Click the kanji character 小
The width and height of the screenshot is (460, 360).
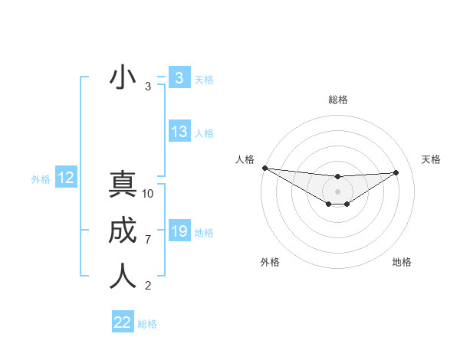(123, 77)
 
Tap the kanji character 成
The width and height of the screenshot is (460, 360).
(123, 231)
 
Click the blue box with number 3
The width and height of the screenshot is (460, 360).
(179, 77)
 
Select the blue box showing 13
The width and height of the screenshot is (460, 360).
(179, 132)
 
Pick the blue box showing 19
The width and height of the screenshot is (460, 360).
(179, 231)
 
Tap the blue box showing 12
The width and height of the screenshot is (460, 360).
(66, 178)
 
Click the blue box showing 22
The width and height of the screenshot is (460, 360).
(123, 322)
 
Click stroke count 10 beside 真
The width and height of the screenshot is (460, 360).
(148, 194)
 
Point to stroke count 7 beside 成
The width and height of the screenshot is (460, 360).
(148, 240)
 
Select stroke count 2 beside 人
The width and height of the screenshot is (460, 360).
(148, 286)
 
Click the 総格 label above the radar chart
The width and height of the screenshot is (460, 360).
(337, 100)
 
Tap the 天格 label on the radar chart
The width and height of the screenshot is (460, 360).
(432, 159)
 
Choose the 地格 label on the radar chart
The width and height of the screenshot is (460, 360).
(402, 262)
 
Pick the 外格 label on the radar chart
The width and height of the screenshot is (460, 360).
(270, 262)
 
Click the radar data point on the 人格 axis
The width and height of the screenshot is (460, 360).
(264, 168)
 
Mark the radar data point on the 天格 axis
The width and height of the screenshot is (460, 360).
(396, 172)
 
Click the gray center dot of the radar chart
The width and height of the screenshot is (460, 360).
(337, 191)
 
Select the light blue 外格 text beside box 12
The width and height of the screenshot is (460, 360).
(41, 179)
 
